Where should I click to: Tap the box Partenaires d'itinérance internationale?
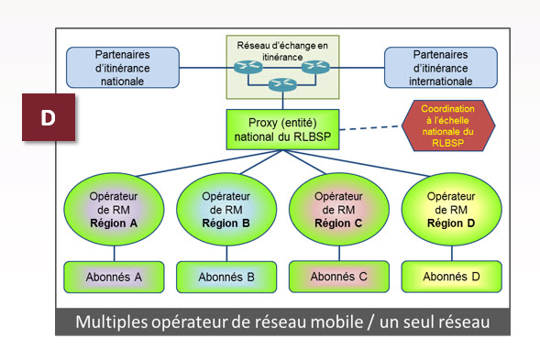[440, 67]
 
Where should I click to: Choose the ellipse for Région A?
[114, 210]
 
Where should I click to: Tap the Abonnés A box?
[114, 275]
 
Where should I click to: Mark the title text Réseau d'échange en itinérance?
[281, 48]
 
